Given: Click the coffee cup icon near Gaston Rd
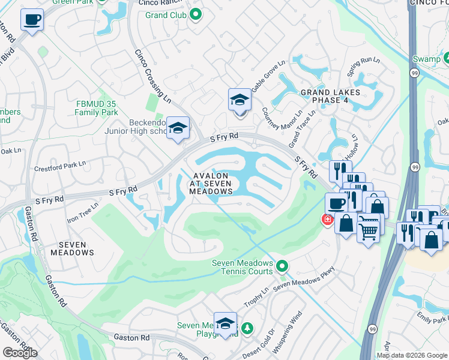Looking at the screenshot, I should (x=32, y=19).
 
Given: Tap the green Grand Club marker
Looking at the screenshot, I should (x=195, y=14).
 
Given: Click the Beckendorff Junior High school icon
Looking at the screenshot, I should (x=178, y=128).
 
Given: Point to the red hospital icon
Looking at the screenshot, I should (x=327, y=220).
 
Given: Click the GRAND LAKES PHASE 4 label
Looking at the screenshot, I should (x=331, y=96).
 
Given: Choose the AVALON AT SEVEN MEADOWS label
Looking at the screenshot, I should (x=211, y=182).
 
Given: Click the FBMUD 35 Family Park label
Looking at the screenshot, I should (x=97, y=108).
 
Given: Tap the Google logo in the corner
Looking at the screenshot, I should (x=20, y=352).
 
